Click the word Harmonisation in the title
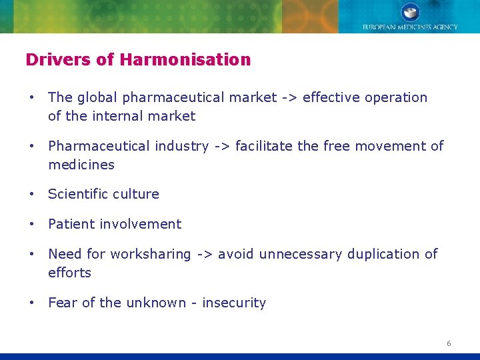(x=185, y=60)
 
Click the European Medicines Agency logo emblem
(x=410, y=12)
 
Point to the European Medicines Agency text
(x=410, y=27)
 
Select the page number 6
(x=449, y=343)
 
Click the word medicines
(x=81, y=165)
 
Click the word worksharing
(x=151, y=254)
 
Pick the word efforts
(x=69, y=273)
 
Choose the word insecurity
(x=234, y=303)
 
